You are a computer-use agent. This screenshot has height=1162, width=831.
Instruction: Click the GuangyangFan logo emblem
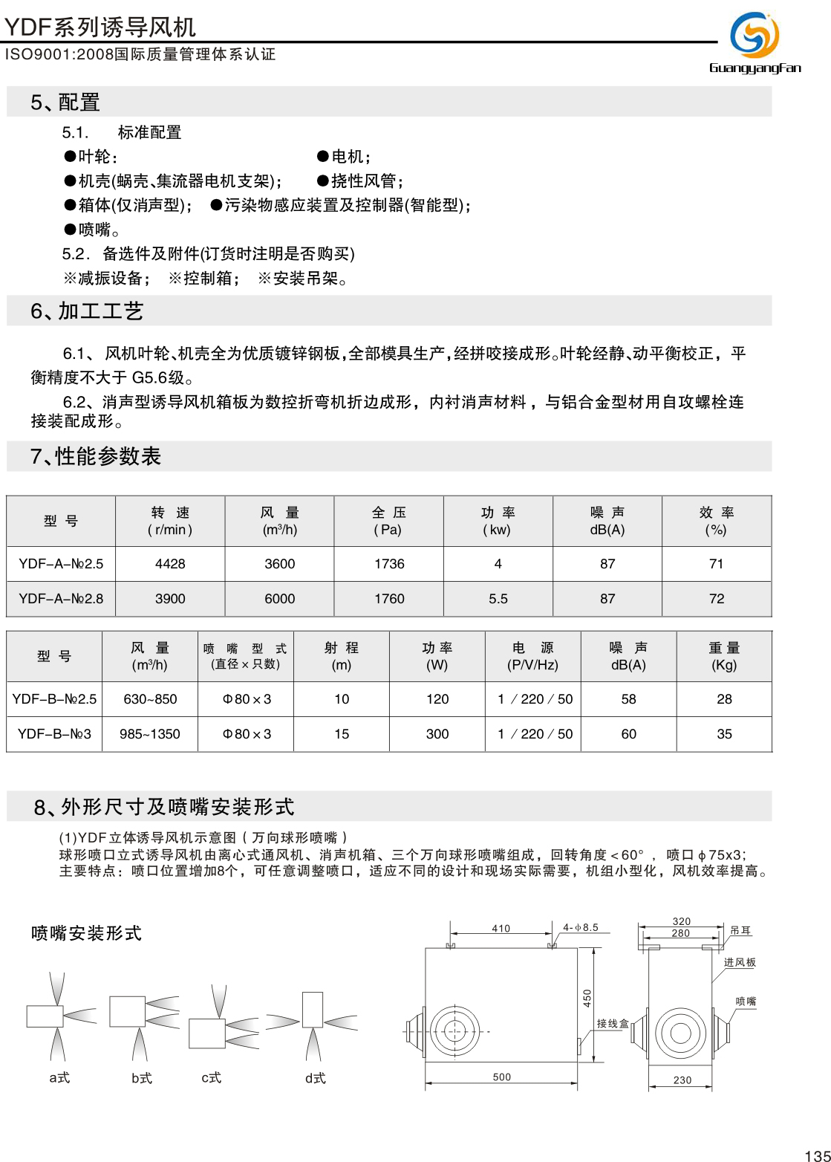pyautogui.click(x=754, y=34)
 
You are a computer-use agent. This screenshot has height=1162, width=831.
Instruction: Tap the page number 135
pyautogui.click(x=817, y=1155)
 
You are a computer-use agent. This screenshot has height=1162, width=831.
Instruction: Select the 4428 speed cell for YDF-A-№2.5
pyautogui.click(x=170, y=564)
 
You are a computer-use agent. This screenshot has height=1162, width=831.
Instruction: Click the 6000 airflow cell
pyautogui.click(x=280, y=599)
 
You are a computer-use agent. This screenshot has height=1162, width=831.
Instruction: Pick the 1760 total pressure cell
pyautogui.click(x=389, y=599)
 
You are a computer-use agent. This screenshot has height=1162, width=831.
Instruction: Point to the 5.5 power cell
pyautogui.click(x=498, y=599)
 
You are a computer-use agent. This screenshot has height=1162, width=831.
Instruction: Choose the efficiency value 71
pyautogui.click(x=717, y=564)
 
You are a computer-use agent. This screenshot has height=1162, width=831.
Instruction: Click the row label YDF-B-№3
pyautogui.click(x=54, y=734)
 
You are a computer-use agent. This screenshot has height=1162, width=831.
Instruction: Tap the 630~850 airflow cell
pyautogui.click(x=150, y=699)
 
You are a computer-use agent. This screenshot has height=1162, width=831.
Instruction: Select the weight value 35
pyautogui.click(x=724, y=734)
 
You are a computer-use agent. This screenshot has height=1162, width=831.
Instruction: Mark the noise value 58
pyautogui.click(x=628, y=699)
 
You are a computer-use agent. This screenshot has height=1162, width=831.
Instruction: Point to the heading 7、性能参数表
pyautogui.click(x=96, y=456)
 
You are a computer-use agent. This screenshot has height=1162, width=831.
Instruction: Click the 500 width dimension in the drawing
pyautogui.click(x=502, y=1077)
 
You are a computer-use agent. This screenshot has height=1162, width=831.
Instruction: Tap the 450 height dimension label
pyautogui.click(x=587, y=998)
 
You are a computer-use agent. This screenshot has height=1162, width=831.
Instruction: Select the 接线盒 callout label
pyautogui.click(x=613, y=1023)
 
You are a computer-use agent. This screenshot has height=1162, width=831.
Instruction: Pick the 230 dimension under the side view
pyautogui.click(x=682, y=1080)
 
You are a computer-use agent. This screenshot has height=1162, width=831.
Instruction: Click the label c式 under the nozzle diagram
pyautogui.click(x=212, y=1077)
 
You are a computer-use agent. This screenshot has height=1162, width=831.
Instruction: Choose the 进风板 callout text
pyautogui.click(x=740, y=962)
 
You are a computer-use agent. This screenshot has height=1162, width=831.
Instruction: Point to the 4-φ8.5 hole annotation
pyautogui.click(x=580, y=927)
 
